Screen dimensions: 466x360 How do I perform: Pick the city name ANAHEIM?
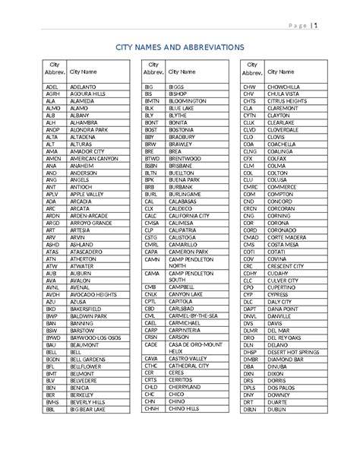pyautogui.click(x=81, y=164)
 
